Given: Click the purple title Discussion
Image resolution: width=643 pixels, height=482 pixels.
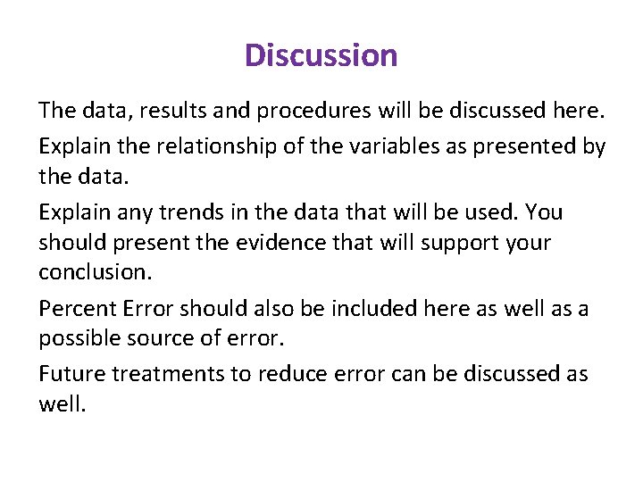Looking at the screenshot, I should (x=321, y=55).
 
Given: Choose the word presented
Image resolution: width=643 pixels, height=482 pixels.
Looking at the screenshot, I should (x=508, y=145).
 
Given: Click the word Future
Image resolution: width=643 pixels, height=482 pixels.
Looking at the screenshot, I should (x=65, y=373).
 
